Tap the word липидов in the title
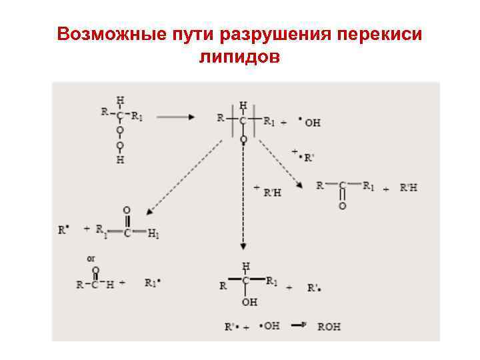[239, 58]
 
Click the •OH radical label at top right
[309, 123]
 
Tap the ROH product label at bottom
[329, 327]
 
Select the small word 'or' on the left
[91, 257]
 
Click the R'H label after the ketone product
[409, 188]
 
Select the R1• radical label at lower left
[154, 283]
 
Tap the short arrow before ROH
[298, 326]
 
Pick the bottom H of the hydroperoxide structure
[120, 160]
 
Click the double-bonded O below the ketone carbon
[342, 206]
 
